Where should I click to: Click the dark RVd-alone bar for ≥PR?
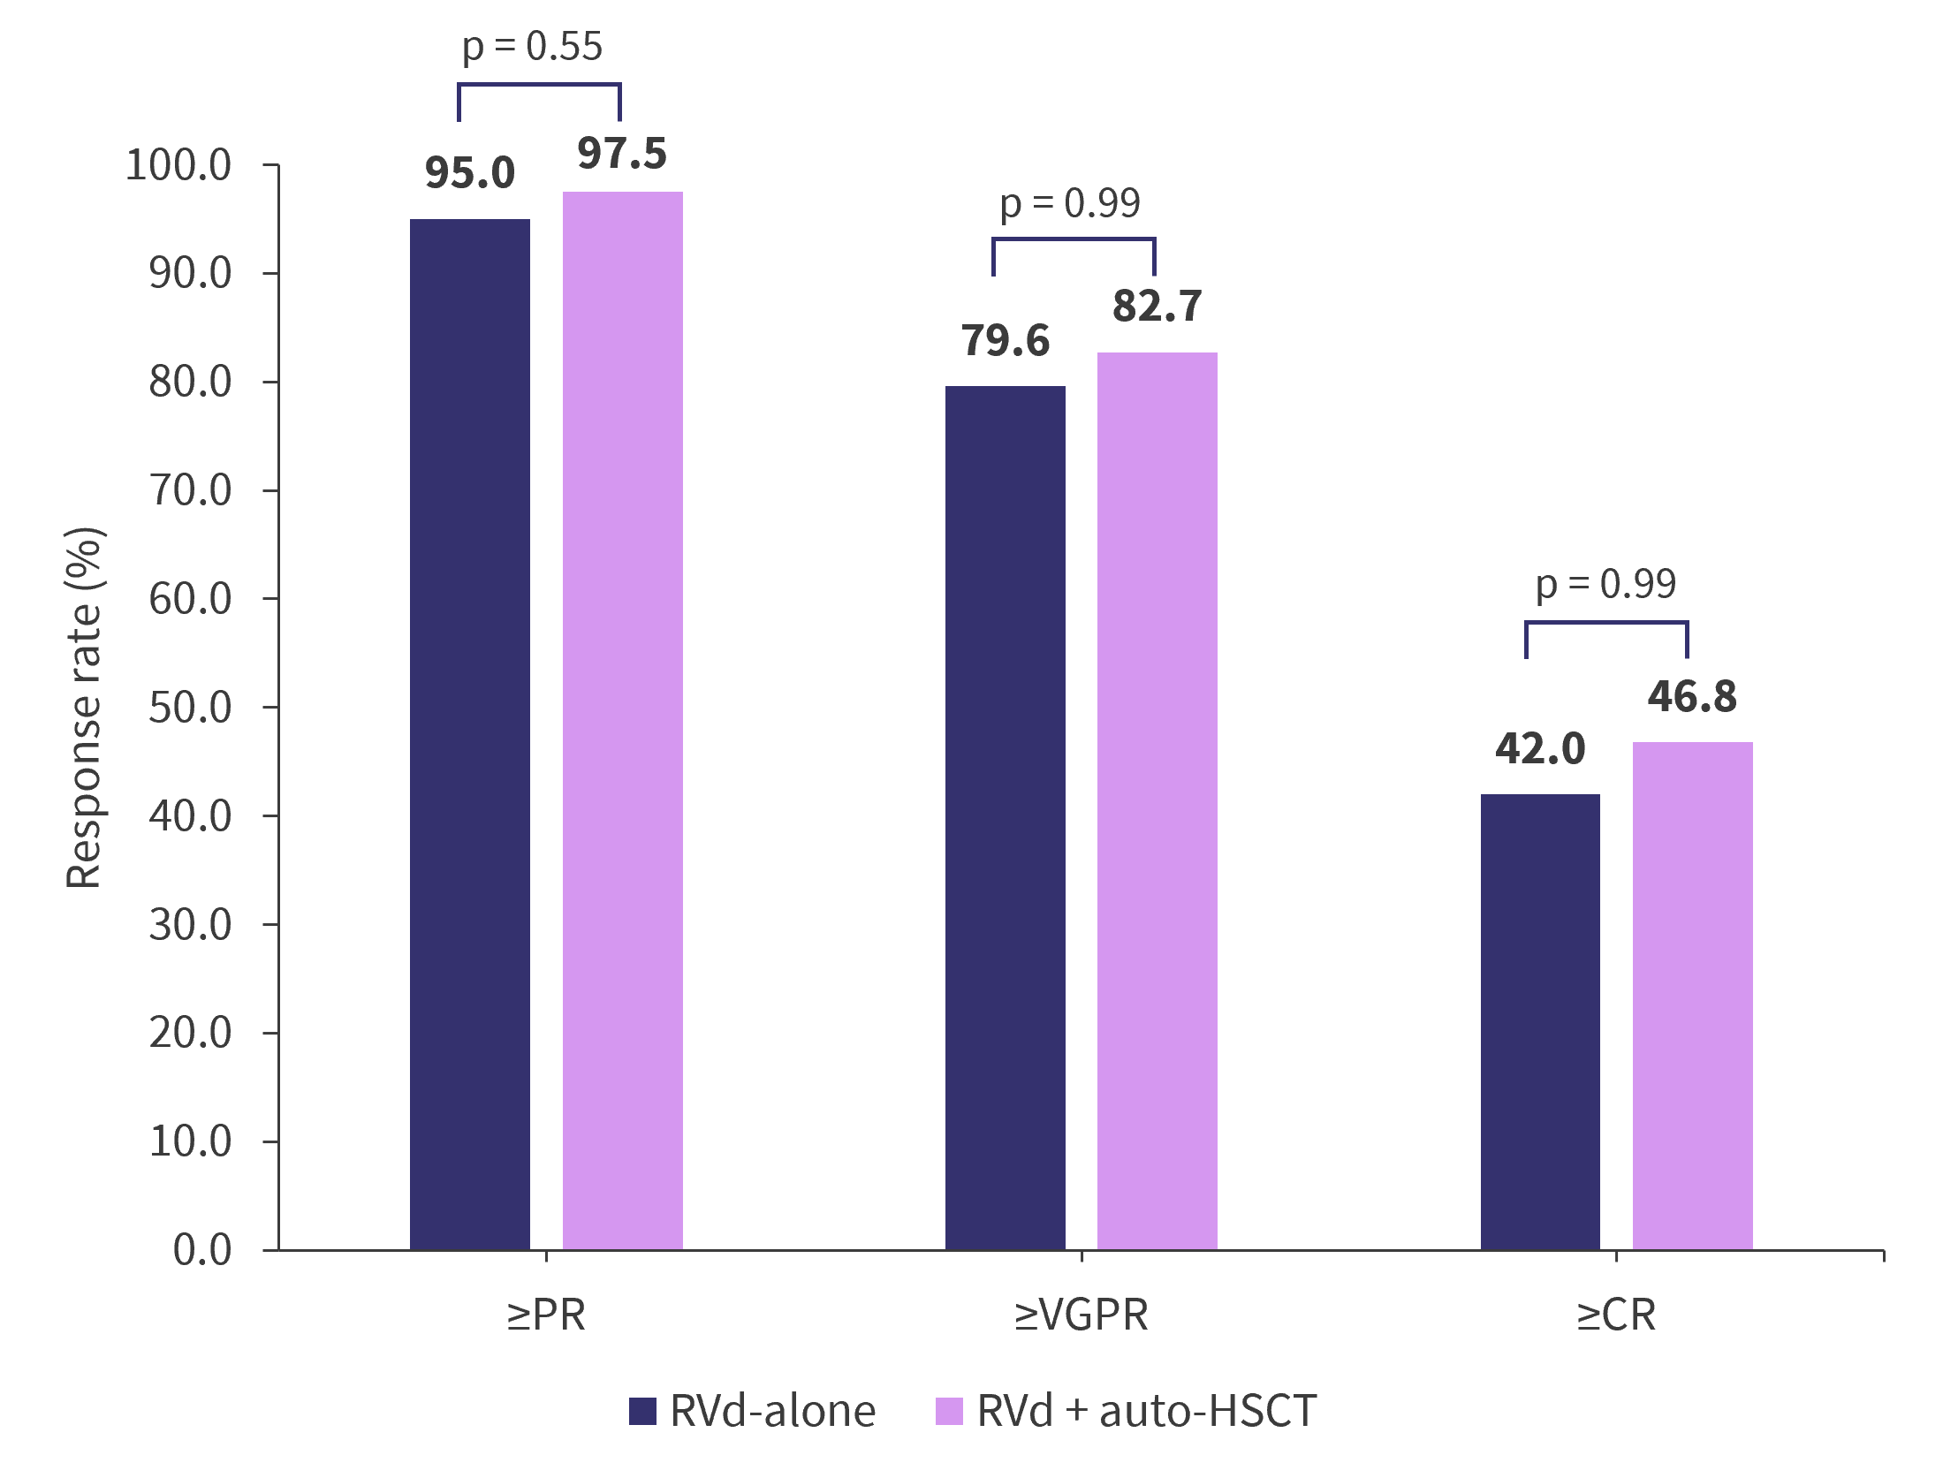coord(469,733)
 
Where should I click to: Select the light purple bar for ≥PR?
coord(622,720)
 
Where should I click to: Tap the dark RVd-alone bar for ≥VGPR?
coord(1005,817)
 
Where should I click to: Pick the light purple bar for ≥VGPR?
coord(1157,800)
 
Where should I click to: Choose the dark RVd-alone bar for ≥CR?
coord(1539,1021)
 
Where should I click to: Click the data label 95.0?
coord(469,173)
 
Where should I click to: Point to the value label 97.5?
coord(622,154)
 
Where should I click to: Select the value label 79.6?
coord(1006,341)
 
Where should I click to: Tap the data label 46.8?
coord(1692,697)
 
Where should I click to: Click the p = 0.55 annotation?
coord(532,47)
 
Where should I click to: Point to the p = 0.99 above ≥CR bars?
coord(1605,584)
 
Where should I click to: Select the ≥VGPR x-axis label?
coord(1081,1315)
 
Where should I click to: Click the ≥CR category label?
coord(1616,1315)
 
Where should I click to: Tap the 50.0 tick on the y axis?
coord(190,708)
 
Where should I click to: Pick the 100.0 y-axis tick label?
coord(178,165)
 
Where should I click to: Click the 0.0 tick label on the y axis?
coord(202,1250)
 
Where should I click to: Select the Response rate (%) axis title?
coord(85,707)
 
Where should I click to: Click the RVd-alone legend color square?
coord(642,1411)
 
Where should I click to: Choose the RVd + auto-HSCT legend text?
coord(1146,1411)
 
